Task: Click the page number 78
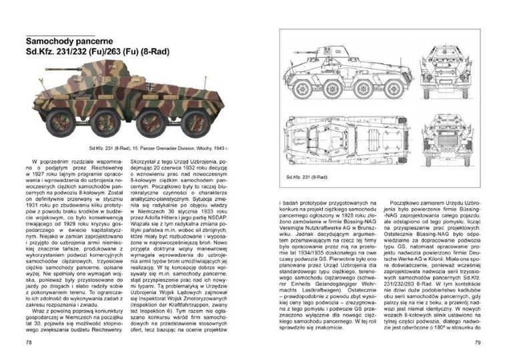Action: point(28,343)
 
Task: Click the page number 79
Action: point(478,343)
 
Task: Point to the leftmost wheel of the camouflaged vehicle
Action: point(61,123)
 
